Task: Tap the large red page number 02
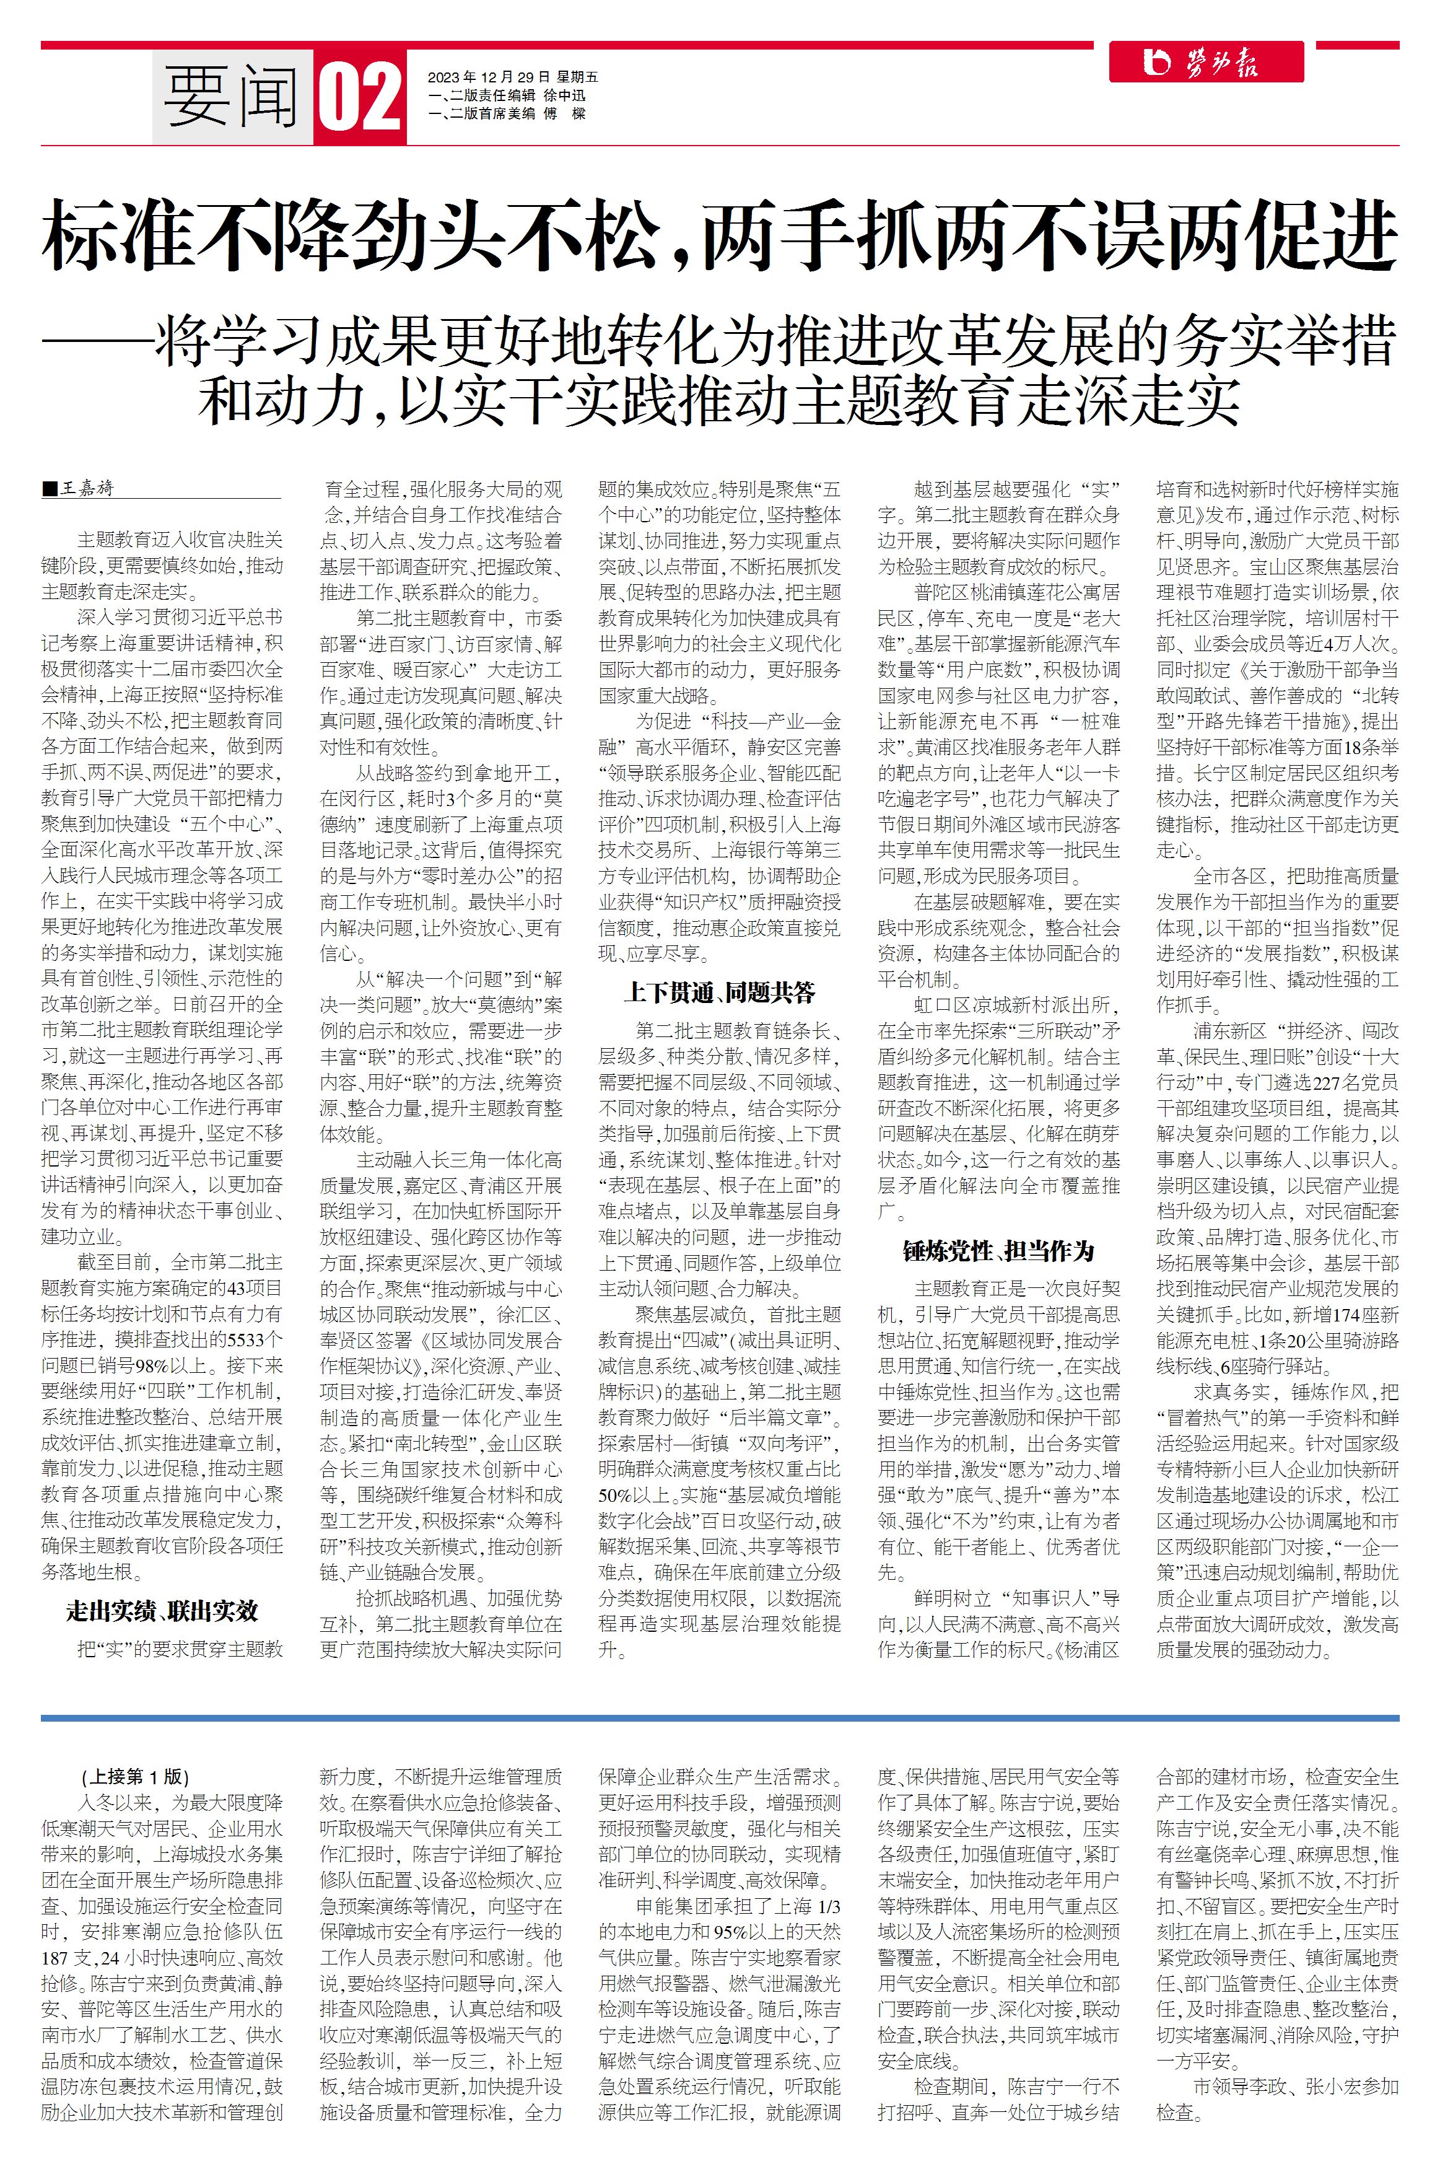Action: (x=361, y=97)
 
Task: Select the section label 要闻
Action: (x=232, y=97)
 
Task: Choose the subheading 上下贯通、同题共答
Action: (x=719, y=993)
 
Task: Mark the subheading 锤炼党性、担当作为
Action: (x=998, y=1251)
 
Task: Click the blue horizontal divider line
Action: (x=720, y=1717)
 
